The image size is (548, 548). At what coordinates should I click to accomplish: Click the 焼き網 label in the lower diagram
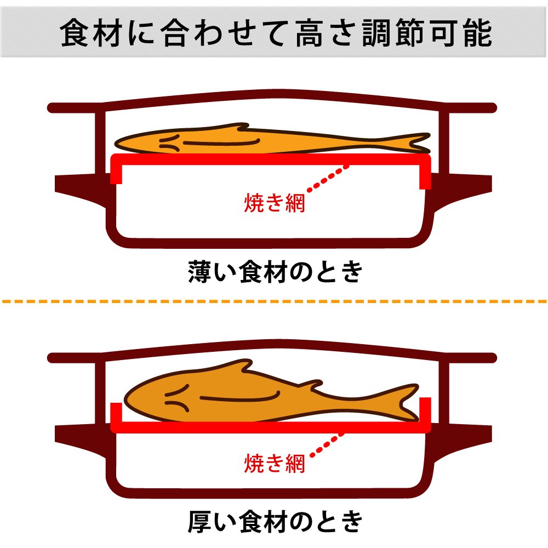(274, 464)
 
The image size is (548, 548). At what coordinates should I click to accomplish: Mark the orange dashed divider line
(274, 301)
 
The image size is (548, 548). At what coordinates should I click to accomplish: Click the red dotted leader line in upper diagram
(328, 178)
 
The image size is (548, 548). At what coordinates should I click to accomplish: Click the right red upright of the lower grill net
(426, 414)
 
